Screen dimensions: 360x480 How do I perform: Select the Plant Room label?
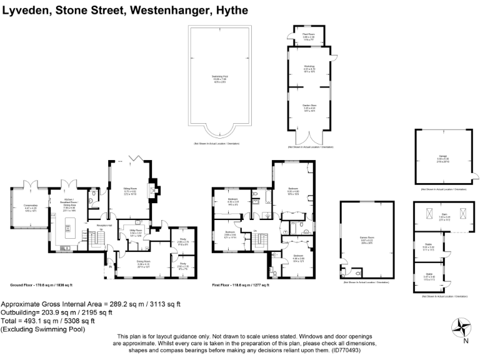tap(307, 36)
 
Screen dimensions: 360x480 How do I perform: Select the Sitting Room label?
tap(131, 192)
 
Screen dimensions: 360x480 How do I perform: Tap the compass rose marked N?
tap(464, 327)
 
